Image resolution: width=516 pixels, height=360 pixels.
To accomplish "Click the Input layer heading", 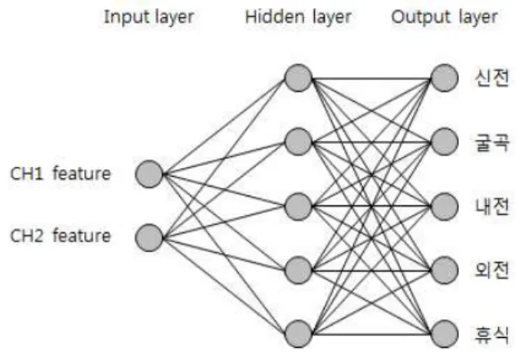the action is [x=149, y=17].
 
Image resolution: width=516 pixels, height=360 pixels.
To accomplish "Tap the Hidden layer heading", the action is [x=298, y=17].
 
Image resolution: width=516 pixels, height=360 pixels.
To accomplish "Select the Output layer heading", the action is [x=444, y=17].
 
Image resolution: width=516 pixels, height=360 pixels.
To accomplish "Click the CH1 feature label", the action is [x=61, y=173].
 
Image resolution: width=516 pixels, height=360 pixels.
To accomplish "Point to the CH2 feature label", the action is [x=61, y=236].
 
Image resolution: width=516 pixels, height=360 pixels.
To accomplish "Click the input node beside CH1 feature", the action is [x=149, y=174].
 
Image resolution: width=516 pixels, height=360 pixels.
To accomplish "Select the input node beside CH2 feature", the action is [x=149, y=237].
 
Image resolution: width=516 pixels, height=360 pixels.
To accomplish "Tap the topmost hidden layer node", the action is [x=298, y=78].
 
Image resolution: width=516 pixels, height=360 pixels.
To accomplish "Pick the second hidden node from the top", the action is [x=298, y=142].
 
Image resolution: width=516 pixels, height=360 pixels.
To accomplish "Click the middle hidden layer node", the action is [x=298, y=206].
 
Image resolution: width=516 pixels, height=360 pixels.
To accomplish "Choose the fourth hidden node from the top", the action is [x=298, y=270].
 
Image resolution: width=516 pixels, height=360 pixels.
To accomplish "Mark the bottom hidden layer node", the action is [x=298, y=334].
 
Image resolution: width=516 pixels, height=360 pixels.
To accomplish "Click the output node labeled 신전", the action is [x=445, y=78].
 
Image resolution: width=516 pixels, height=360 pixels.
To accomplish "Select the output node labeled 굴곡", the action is [x=445, y=142].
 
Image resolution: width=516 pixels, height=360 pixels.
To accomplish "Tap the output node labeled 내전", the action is [x=445, y=206].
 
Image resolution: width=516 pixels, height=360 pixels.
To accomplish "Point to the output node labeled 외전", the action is [x=445, y=270].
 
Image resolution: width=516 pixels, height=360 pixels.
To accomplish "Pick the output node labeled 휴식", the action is [x=445, y=334].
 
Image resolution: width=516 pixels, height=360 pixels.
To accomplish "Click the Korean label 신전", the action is [x=491, y=78].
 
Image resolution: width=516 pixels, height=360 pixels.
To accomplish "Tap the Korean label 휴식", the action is [x=491, y=335].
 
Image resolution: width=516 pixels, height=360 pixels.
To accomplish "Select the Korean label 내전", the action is [x=491, y=206].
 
